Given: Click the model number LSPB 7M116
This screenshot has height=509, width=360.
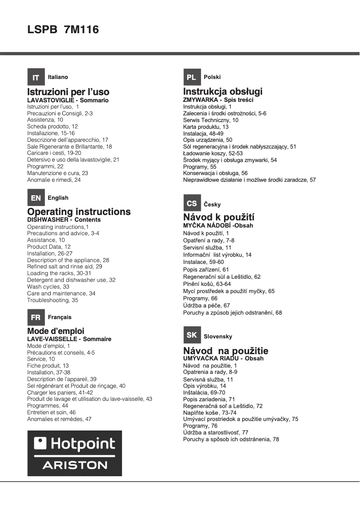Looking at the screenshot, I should pyautogui.click(x=63, y=30).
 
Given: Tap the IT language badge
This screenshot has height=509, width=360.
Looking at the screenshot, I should pyautogui.click(x=36, y=77).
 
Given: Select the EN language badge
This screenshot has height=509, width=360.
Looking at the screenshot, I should pyautogui.click(x=36, y=197).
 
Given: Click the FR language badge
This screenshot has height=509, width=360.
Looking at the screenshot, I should pyautogui.click(x=36, y=317).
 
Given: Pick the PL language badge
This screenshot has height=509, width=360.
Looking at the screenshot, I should pyautogui.click(x=191, y=77).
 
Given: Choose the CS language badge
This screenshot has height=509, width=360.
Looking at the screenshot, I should pyautogui.click(x=191, y=204).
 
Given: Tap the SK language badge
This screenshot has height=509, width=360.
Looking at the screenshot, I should pyautogui.click(x=191, y=336).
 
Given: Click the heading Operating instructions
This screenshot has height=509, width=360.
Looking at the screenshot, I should pyautogui.click(x=79, y=211).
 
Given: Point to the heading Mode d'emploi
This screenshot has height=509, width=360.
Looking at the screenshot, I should pyautogui.click(x=56, y=332).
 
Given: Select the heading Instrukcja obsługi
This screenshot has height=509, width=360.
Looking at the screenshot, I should pyautogui.click(x=223, y=92).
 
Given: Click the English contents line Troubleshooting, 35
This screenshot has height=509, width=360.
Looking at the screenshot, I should pyautogui.click(x=53, y=300).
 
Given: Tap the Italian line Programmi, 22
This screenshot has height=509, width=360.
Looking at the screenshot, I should pyautogui.click(x=45, y=166).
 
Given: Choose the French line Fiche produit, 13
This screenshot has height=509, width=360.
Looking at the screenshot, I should pyautogui.click(x=48, y=366).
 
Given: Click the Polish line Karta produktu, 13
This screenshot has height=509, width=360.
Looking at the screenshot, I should pyautogui.click(x=206, y=127).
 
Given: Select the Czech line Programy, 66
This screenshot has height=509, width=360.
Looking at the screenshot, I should pyautogui.click(x=200, y=298).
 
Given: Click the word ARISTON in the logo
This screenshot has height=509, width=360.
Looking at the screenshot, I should pyautogui.click(x=75, y=465).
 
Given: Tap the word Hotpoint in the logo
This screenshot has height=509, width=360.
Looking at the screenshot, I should pyautogui.click(x=83, y=444).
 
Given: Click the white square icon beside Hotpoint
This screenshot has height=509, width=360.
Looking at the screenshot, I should pyautogui.click(x=40, y=443).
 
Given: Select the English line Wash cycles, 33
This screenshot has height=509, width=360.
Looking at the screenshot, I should pyautogui.click(x=48, y=286).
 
